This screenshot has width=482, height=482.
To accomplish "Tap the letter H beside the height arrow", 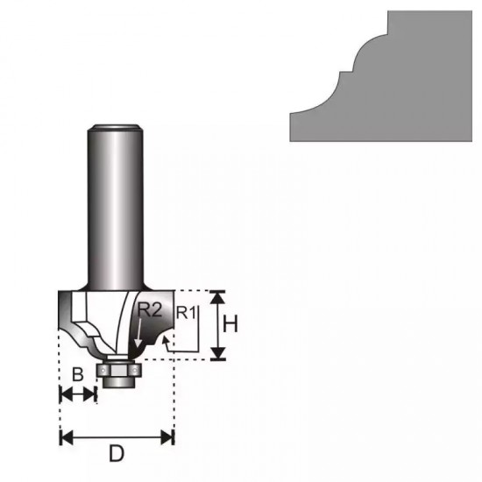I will point(230,324).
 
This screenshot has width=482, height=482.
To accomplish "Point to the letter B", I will point(77,375).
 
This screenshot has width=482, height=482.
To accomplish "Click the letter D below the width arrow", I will point(116,454).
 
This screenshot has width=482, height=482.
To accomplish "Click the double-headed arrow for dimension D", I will point(117,435).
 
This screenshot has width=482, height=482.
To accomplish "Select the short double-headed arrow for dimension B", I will point(77,395).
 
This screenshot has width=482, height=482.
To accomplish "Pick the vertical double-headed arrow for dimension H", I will point(218,325).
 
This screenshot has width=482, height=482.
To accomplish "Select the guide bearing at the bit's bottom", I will point(117,373).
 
